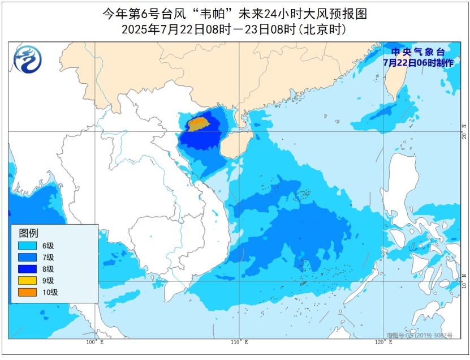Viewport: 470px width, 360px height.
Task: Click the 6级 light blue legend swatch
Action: point(27,246)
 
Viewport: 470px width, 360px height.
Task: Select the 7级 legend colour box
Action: point(27,258)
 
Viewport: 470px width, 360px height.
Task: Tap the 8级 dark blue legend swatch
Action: point(27,269)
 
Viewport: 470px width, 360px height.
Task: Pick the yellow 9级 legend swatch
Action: point(27,281)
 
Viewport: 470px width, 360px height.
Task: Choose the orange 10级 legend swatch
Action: point(27,292)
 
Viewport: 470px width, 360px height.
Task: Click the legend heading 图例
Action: point(28,233)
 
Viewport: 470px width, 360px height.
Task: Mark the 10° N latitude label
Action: point(464,280)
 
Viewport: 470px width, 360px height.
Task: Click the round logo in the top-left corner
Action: point(28,60)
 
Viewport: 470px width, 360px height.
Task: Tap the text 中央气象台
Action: point(417,52)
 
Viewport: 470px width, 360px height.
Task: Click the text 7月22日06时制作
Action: point(417,63)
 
